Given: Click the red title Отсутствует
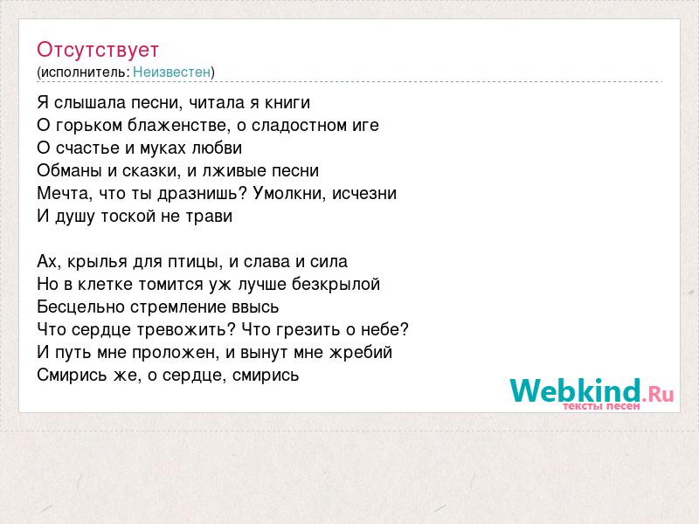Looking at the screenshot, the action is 98,50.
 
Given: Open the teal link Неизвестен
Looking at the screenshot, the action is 171,72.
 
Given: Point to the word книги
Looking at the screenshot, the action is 287,103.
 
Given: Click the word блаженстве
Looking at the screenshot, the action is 179,126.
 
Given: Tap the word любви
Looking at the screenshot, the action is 217,148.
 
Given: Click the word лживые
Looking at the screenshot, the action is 232,170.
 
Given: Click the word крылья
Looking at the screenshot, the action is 97,261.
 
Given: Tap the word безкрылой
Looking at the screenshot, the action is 336,284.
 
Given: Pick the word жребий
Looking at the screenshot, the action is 361,353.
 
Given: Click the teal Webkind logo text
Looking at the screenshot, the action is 575,390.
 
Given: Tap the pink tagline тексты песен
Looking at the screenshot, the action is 601,406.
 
